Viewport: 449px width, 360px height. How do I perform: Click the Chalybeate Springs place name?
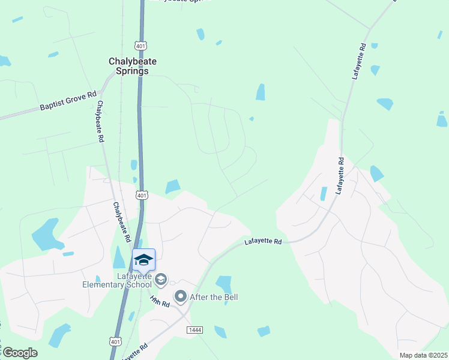pyautogui.click(x=128, y=65)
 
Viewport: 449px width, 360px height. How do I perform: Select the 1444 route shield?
pyautogui.click(x=194, y=330)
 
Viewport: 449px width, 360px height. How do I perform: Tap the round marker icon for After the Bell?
pyautogui.click(x=180, y=296)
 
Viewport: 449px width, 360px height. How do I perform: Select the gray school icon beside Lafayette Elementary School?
pyautogui.click(x=161, y=279)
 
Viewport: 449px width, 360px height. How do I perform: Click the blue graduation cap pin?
pyautogui.click(x=143, y=260)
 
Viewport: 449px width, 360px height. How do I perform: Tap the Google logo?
pyautogui.click(x=19, y=353)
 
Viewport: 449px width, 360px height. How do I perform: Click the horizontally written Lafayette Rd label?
pyautogui.click(x=263, y=242)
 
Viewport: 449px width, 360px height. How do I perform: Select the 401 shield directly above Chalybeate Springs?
pyautogui.click(x=140, y=46)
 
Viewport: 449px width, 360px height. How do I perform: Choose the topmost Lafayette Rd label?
pyautogui.click(x=359, y=61)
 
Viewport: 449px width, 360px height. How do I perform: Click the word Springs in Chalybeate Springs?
pyautogui.click(x=128, y=71)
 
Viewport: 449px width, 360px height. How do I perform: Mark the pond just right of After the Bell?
pyautogui.click(x=224, y=283)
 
